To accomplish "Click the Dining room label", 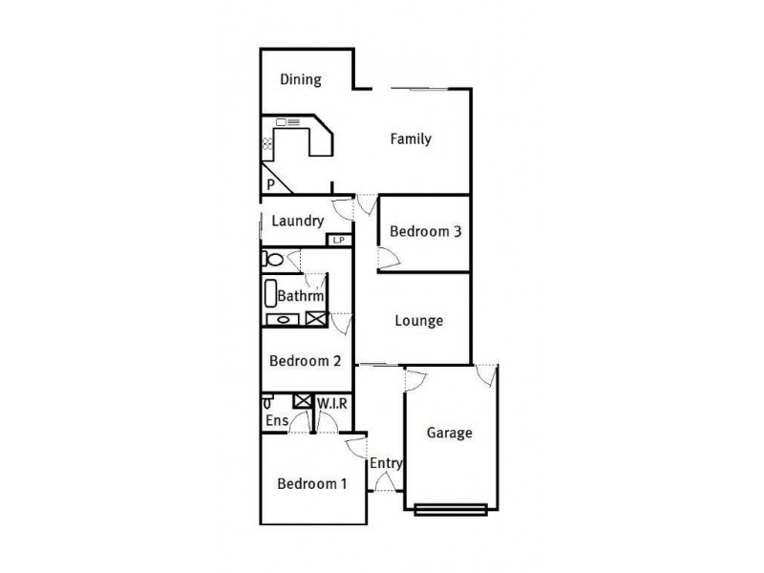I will click(x=301, y=80).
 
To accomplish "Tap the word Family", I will click(x=411, y=139).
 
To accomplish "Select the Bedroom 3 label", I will click(x=425, y=231).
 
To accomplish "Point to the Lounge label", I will click(x=419, y=321).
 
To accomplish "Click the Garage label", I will click(x=449, y=433).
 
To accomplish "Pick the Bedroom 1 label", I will click(x=311, y=484).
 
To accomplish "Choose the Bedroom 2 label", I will click(x=305, y=361).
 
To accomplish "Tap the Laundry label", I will click(x=297, y=222).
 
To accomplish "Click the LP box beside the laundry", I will click(x=339, y=241).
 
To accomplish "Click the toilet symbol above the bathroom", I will click(x=273, y=259).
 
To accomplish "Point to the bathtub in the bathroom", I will click(x=269, y=292).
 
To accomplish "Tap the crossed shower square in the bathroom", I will click(x=315, y=320).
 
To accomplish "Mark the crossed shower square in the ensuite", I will click(x=303, y=401).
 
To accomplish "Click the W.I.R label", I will click(x=331, y=403).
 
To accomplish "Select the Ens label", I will click(x=276, y=420).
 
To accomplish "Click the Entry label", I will click(x=386, y=463).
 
